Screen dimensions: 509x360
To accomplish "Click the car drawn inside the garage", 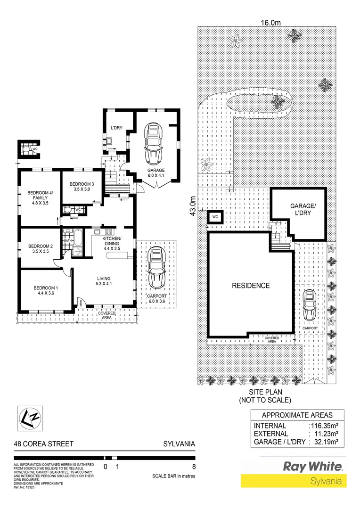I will pos(155,141).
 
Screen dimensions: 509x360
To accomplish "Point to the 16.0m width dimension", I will pos(271,22).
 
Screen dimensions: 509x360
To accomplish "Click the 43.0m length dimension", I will pos(192,205).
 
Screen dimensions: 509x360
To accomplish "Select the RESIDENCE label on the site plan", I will pos(251,286).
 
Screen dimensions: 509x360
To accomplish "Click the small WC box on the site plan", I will pos(215,217).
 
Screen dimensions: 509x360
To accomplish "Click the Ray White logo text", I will pos(312,466).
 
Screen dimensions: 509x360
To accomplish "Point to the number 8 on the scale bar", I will pos(194,467).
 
